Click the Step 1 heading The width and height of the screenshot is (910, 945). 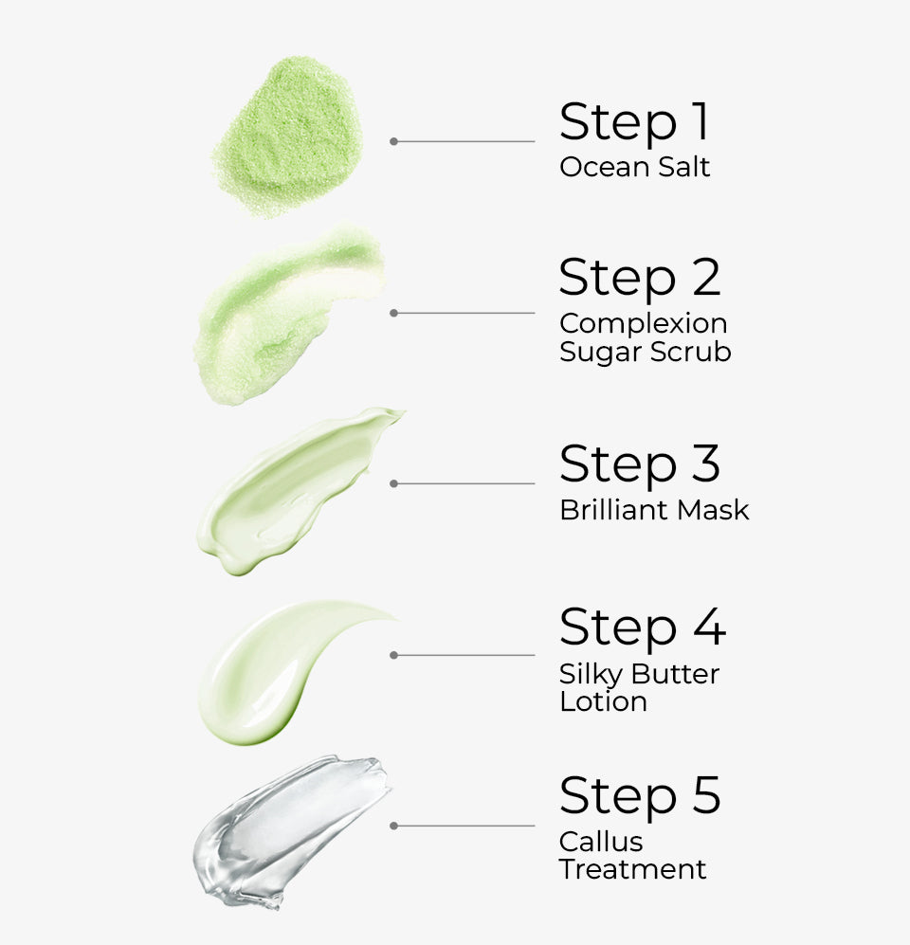pyautogui.click(x=633, y=122)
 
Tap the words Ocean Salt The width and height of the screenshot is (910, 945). pyautogui.click(x=634, y=168)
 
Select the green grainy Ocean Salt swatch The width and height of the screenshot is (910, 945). pyautogui.click(x=287, y=136)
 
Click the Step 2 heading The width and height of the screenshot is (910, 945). pyautogui.click(x=639, y=278)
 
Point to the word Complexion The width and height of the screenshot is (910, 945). pyautogui.click(x=643, y=324)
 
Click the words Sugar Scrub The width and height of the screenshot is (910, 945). pyautogui.click(x=645, y=353)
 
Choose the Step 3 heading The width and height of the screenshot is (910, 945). pyautogui.click(x=639, y=464)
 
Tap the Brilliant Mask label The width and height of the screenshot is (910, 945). pyautogui.click(x=654, y=510)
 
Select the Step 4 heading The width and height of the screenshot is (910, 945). pyautogui.click(x=642, y=627)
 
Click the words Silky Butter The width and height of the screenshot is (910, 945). pyautogui.click(x=639, y=674)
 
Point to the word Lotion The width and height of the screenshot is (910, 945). pyautogui.click(x=603, y=702)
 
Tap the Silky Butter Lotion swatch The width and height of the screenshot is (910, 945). pyautogui.click(x=275, y=668)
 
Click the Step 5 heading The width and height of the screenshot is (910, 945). pyautogui.click(x=639, y=795)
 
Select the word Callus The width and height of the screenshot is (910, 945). pyautogui.click(x=601, y=842)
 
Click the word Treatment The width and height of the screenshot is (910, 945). pyautogui.click(x=632, y=869)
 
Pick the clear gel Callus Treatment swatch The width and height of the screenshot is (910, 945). pyautogui.click(x=289, y=829)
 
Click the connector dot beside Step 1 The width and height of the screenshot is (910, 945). pyautogui.click(x=393, y=141)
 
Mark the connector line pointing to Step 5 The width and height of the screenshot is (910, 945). pyautogui.click(x=464, y=826)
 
